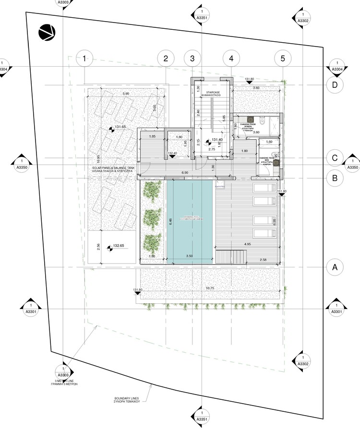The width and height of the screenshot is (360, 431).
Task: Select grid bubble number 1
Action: click(84, 59)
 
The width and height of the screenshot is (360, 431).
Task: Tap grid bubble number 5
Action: click(283, 59)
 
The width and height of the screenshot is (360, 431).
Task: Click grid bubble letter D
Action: click(335, 85)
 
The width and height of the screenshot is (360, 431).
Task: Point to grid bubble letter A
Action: click(335, 267)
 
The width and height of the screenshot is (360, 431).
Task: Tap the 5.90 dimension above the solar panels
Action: click(126, 93)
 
